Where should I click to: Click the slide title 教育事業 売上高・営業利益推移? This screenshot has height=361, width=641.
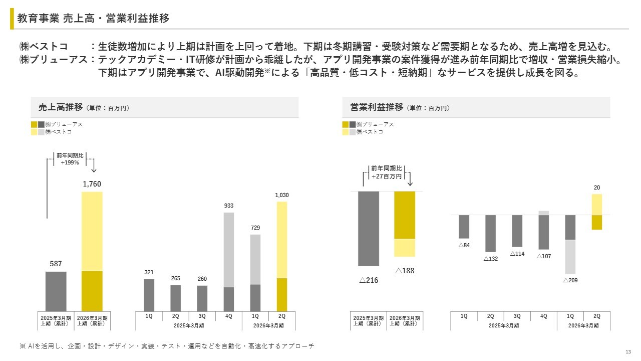coord(93,19)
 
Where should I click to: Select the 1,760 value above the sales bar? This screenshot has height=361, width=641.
coord(92,184)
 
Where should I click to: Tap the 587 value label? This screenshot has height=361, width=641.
coord(56,264)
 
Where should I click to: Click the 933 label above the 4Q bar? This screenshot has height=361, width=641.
coord(228,206)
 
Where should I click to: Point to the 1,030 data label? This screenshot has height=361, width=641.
coord(282,195)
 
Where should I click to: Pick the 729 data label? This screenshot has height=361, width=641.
coord(255,228)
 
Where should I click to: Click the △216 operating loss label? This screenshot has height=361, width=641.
coord(369,280)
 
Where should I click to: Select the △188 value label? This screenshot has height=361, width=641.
coord(405,271)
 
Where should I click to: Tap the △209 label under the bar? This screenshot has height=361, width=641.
coord(570,280)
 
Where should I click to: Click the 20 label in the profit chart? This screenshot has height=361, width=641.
coord(597,188)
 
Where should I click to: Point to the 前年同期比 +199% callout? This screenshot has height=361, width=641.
coord(70,159)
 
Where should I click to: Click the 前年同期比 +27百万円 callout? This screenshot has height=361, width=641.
coord(386,172)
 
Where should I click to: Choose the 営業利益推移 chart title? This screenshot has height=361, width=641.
coord(377,107)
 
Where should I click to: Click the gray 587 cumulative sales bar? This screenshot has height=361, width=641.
coord(56,291)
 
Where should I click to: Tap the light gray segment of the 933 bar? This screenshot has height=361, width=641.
coord(228,249)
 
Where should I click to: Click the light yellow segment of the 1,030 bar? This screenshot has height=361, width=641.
coord(282,240)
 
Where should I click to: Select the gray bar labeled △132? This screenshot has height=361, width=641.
coord(490,233)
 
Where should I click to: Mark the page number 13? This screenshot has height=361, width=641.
coord(628,351)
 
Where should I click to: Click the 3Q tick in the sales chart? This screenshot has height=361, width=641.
coord(202,316)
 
